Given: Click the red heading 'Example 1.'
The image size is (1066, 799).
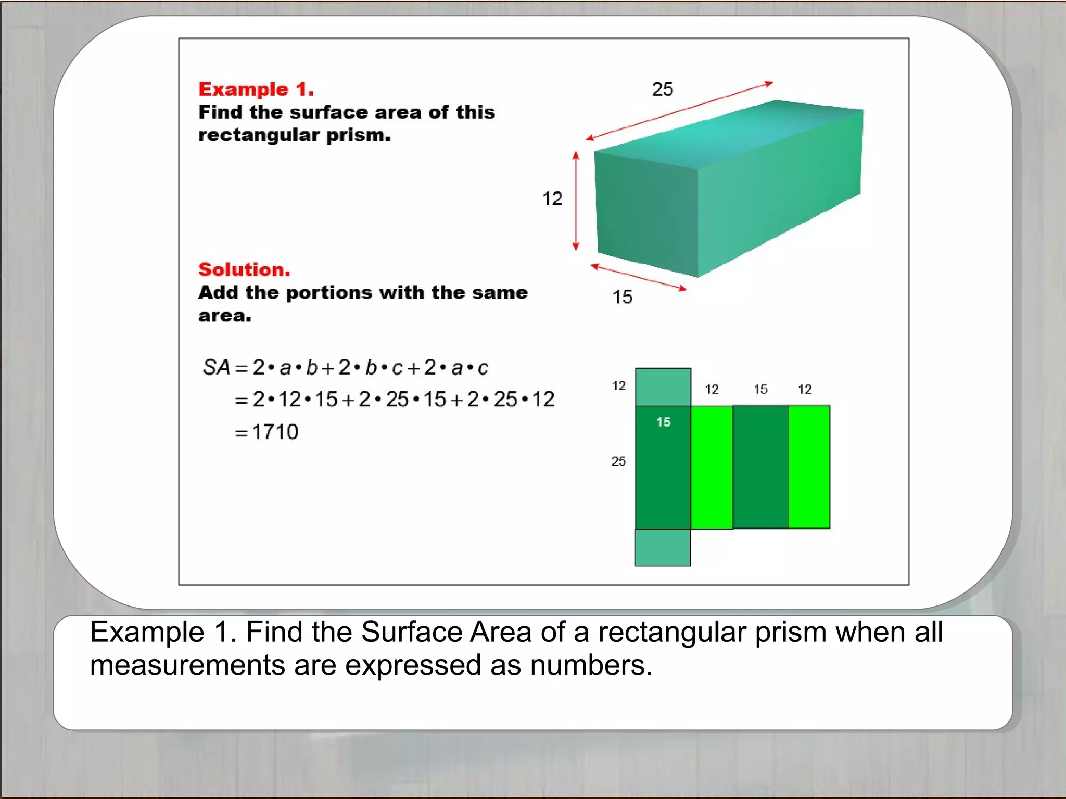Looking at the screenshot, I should pos(256,89).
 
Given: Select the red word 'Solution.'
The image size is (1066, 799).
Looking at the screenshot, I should pos(244,269).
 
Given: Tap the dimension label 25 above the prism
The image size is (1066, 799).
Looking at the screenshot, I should pos(663,89).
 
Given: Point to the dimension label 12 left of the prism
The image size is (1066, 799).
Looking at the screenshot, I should pos(552,199).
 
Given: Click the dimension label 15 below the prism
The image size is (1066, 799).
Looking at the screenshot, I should pos(622,297).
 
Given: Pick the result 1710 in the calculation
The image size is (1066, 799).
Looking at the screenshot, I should pos(275,432).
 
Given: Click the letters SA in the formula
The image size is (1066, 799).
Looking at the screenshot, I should pos(217,367).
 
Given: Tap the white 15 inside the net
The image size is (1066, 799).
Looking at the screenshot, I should pos(663,422).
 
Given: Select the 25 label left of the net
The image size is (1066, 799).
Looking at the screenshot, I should pos(618,461).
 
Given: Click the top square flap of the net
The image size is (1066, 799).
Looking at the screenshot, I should pos(663,387).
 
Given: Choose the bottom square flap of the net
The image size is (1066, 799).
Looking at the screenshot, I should pos(663,547).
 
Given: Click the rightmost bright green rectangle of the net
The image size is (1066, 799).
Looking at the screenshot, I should pos(809,467).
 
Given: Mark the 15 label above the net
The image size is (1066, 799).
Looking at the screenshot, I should pos(760,389).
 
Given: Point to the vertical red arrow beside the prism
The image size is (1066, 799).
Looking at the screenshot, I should pos(576,201).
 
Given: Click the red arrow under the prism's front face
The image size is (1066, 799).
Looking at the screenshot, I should pos(639,277).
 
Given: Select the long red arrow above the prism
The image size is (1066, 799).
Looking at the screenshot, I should pos(679,111).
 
